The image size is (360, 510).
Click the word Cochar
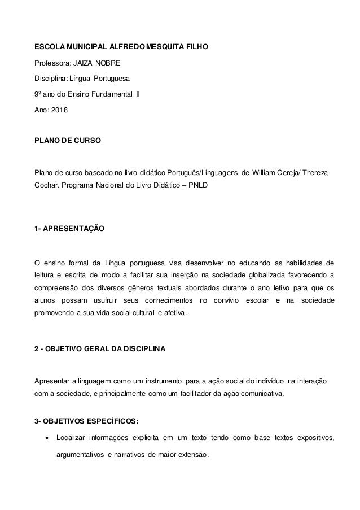[49, 184]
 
